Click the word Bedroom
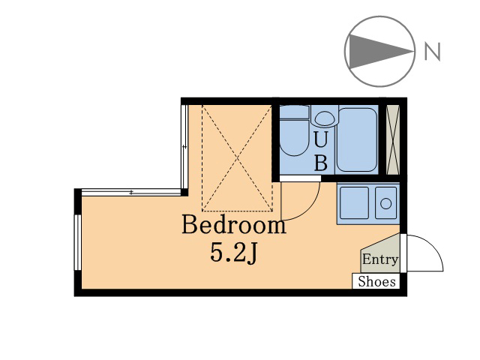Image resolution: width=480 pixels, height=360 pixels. pos(234,225)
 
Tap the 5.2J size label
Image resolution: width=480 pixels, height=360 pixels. pos(234,253)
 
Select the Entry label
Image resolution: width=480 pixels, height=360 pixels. pos(380,259)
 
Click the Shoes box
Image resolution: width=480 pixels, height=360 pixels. pos(376,281)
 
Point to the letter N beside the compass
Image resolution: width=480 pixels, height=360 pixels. pos(432,51)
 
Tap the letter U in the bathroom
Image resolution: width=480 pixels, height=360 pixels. pos(321,140)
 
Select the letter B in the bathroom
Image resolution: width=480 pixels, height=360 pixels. pos(321,162)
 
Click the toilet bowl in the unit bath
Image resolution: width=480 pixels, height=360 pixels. pos(294,137)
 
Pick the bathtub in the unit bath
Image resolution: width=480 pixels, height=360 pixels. pos(356,139)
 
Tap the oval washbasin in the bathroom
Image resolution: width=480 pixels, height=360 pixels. pos(325,118)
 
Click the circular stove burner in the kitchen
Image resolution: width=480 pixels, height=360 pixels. pos(385,203)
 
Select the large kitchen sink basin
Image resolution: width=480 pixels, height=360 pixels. pos(354,202)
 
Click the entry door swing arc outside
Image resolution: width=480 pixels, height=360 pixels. pos(435,244)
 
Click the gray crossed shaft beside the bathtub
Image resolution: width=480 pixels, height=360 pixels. pos(393,140)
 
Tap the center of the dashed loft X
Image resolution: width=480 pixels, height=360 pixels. pos(237,158)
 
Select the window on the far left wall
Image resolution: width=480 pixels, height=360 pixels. pos(78,242)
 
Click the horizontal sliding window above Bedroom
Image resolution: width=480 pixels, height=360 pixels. pos(131,192)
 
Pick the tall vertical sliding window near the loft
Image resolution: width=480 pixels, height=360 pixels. pos(184,147)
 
